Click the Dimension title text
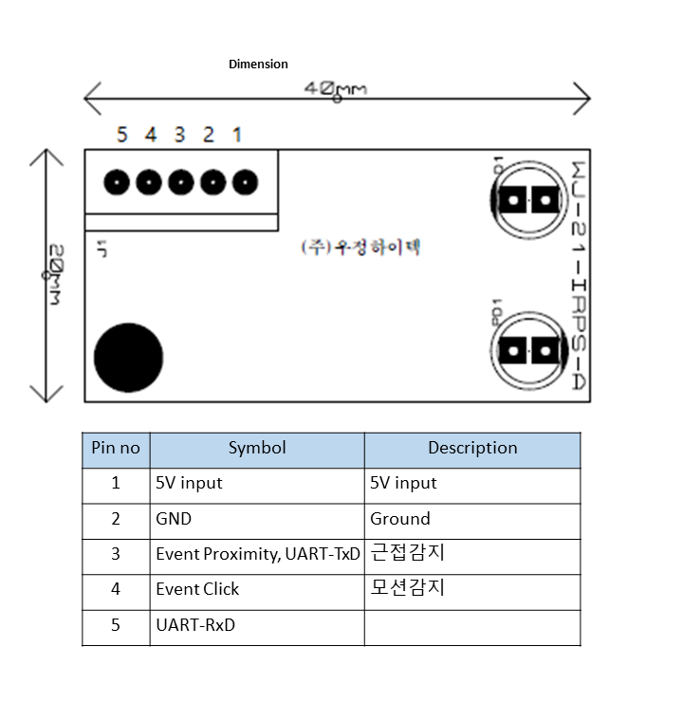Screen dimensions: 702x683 (x=258, y=65)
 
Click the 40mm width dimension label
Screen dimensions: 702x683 (x=336, y=89)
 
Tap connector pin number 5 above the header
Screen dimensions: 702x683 (x=121, y=135)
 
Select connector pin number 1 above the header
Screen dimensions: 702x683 (x=237, y=135)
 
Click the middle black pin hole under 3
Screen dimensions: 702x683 (x=180, y=181)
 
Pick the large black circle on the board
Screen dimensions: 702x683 (x=128, y=358)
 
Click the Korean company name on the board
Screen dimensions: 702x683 (x=360, y=248)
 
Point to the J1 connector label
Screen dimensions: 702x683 (x=102, y=249)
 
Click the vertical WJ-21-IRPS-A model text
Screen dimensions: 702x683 (x=577, y=275)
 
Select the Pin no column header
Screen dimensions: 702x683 (x=116, y=449)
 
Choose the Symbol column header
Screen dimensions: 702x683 (x=257, y=449)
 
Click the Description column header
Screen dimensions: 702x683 (x=472, y=449)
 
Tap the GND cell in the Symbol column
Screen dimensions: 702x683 (x=174, y=519)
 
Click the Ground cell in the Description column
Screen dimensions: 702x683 (x=400, y=519)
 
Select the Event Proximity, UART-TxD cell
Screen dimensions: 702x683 (x=258, y=555)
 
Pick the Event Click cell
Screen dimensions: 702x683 (x=197, y=589)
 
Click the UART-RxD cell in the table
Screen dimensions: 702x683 (x=195, y=626)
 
